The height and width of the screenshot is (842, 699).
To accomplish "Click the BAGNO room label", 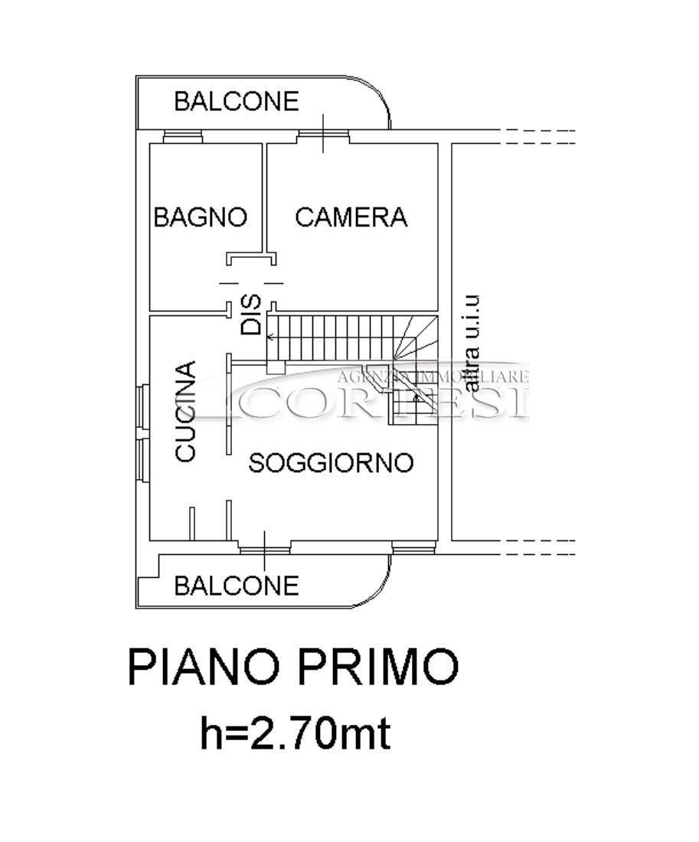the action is click(201, 217).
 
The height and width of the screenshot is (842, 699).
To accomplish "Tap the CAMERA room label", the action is click(351, 217).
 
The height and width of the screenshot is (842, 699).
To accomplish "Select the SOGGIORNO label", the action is click(331, 462).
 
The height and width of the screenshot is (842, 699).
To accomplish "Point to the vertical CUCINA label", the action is click(185, 411).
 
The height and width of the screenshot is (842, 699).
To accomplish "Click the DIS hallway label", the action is click(251, 315).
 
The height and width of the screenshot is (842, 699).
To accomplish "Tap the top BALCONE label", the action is click(237, 101).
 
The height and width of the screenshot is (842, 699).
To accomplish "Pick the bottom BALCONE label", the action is click(237, 586).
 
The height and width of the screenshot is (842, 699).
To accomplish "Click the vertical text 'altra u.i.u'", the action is click(471, 344).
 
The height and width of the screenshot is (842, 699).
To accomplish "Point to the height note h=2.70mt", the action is click(295, 733).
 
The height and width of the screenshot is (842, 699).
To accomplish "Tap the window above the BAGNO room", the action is click(183, 136).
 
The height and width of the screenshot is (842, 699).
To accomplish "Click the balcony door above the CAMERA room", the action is click(323, 136).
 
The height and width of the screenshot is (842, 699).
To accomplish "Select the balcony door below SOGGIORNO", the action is click(264, 548).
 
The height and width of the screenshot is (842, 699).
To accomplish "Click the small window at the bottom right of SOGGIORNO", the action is click(413, 548).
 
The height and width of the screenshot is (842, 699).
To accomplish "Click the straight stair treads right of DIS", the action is click(331, 337).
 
